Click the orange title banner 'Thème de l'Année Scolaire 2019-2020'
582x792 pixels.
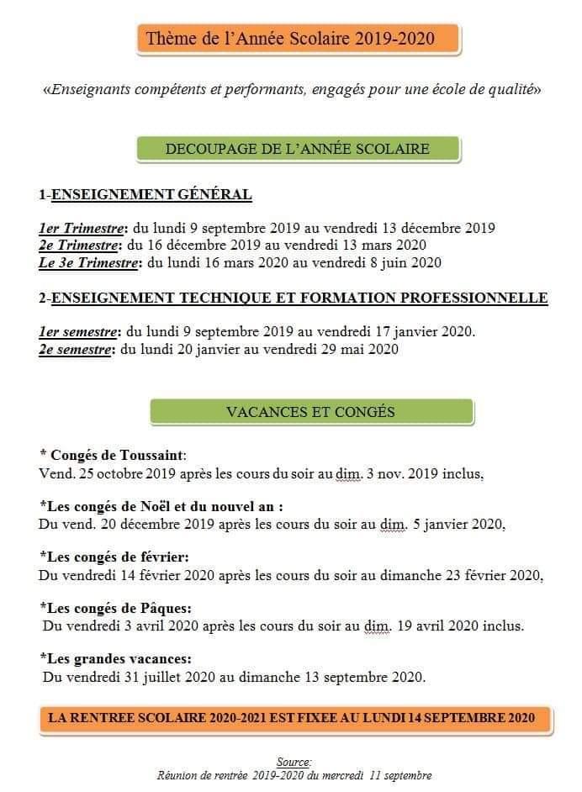(298, 39)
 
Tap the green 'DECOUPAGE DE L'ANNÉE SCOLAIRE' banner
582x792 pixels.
(298, 149)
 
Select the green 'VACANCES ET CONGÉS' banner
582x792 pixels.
(310, 412)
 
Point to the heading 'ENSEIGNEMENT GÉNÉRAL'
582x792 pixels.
(151, 195)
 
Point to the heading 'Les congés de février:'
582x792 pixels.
(114, 557)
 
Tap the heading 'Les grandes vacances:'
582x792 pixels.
(116, 659)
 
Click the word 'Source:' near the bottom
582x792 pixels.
(294, 762)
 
